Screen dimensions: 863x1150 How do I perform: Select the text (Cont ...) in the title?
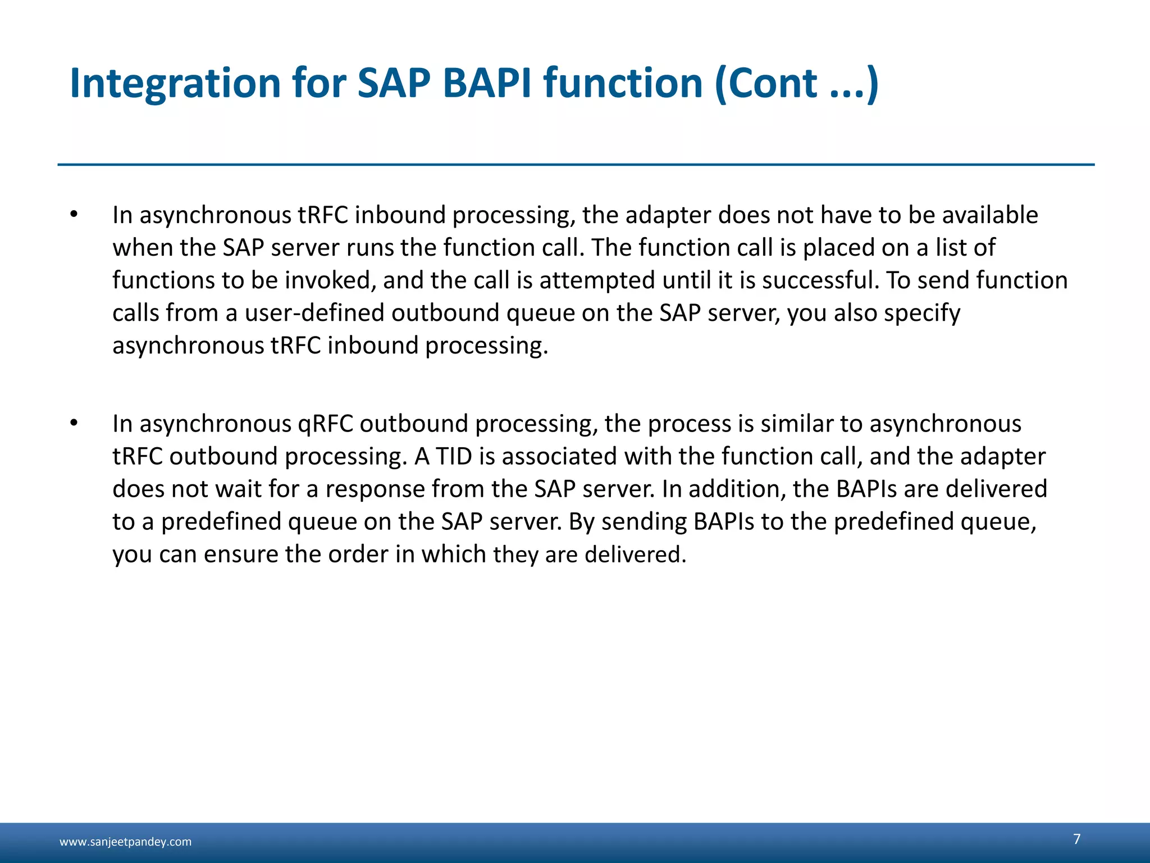(x=796, y=83)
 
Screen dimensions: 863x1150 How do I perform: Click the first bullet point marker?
(x=74, y=215)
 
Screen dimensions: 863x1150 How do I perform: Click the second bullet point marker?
(x=74, y=424)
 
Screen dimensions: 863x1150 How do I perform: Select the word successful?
(x=820, y=280)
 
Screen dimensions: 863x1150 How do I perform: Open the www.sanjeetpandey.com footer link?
(x=125, y=842)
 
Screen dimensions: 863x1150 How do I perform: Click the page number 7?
(x=1076, y=839)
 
